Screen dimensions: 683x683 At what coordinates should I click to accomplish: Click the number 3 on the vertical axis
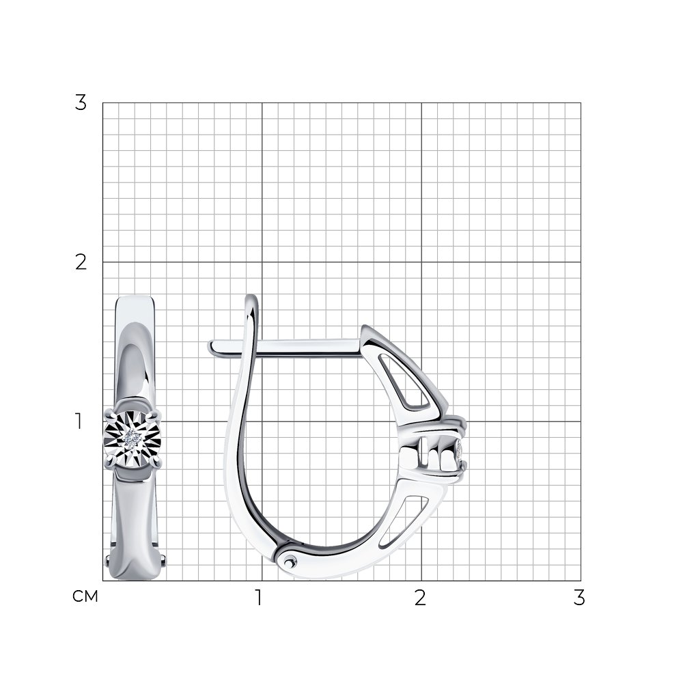click(81, 103)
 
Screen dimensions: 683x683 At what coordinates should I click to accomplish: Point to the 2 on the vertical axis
click(81, 262)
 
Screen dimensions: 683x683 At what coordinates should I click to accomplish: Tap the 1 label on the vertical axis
click(79, 421)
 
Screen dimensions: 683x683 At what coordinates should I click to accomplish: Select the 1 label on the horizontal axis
click(259, 598)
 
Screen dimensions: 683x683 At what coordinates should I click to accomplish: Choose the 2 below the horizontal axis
click(420, 598)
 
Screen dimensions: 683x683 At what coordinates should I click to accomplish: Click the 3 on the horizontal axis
click(579, 598)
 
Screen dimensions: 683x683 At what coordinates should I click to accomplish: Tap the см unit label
click(85, 596)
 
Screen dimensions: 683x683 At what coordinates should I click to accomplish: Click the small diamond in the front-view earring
click(132, 438)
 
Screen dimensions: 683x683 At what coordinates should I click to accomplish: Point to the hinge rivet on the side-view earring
click(289, 562)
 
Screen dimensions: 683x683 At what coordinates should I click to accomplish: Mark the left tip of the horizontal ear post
click(210, 347)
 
